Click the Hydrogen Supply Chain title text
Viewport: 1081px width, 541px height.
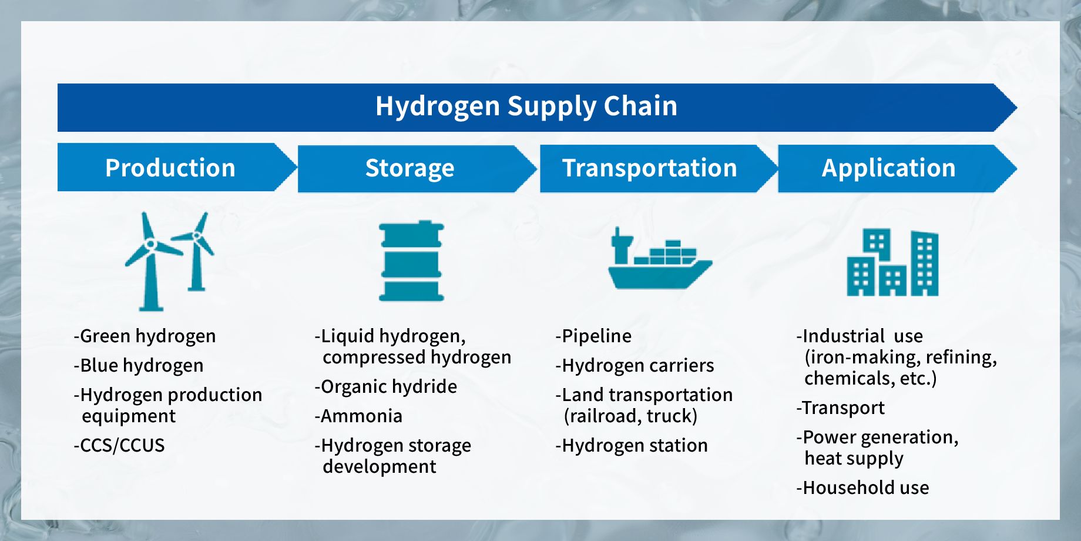click(526, 106)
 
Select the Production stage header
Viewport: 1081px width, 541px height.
click(170, 168)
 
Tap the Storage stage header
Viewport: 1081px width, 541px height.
click(409, 168)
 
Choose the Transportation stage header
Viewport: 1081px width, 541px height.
click(649, 168)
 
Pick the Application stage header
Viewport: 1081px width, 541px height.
click(888, 168)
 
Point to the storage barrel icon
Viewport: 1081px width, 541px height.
click(411, 261)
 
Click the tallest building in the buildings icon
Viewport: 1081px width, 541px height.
click(925, 263)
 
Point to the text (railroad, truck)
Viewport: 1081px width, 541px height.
click(630, 416)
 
